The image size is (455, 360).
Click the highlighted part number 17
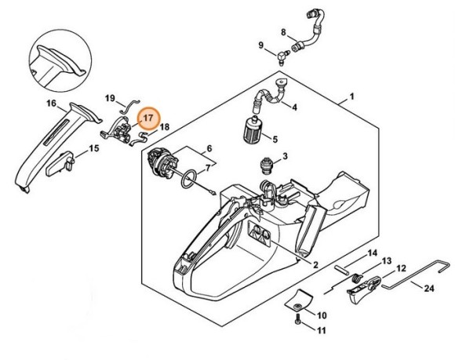(148, 118)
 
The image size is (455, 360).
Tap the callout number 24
(429, 289)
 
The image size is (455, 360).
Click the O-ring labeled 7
(188, 180)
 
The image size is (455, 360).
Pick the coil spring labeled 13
(355, 279)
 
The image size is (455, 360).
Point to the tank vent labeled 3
(264, 166)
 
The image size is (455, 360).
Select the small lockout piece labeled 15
(60, 165)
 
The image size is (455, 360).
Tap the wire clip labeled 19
(129, 106)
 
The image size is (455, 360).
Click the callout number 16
(51, 103)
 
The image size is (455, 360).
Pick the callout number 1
(352, 96)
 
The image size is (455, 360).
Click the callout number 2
(315, 264)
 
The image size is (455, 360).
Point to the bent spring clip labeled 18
(137, 140)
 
